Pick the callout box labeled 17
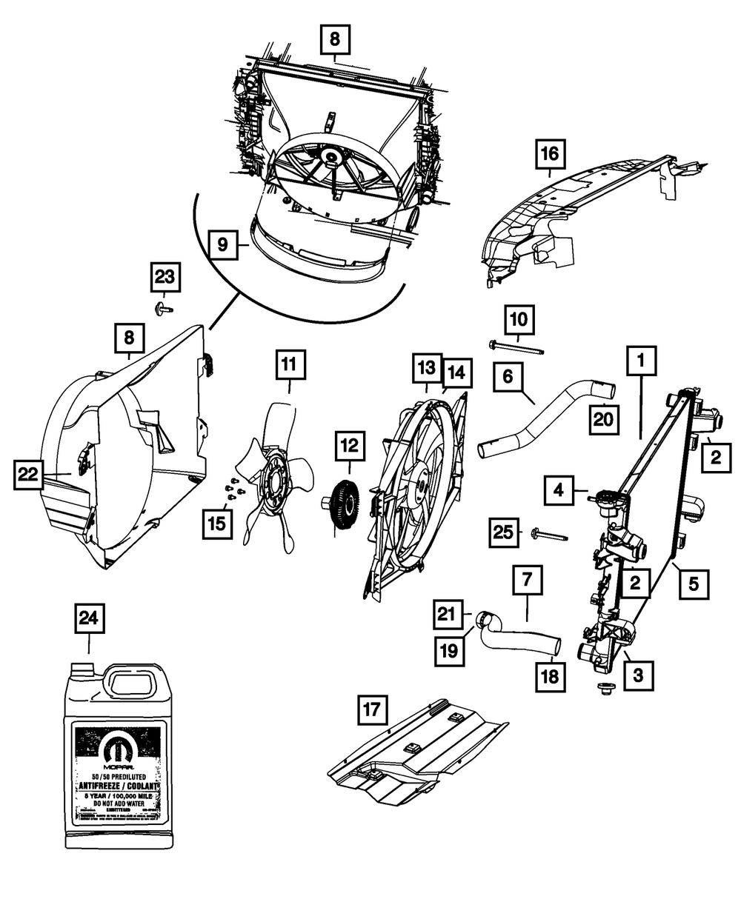tap(371, 710)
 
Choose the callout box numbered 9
tap(222, 244)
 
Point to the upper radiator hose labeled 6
tap(545, 418)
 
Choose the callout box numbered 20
tap(603, 420)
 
